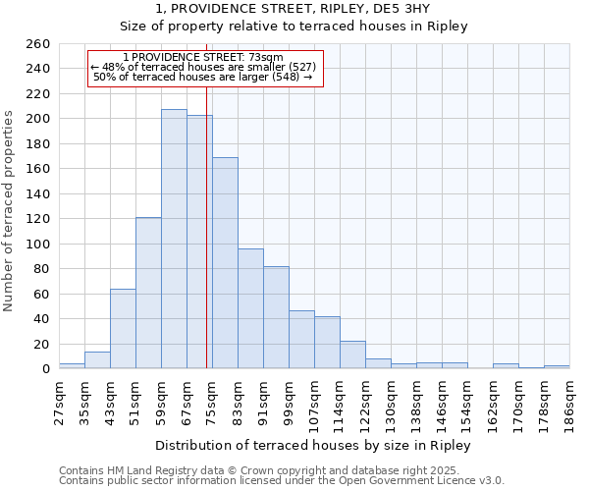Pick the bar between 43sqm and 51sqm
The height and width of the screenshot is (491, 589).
click(x=123, y=329)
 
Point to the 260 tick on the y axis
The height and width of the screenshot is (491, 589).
click(x=39, y=44)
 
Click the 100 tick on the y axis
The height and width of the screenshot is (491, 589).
click(x=39, y=245)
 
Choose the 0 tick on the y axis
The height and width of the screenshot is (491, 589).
click(x=46, y=369)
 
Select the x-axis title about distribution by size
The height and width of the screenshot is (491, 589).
click(x=313, y=445)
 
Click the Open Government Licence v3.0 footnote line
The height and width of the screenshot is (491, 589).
click(x=282, y=481)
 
